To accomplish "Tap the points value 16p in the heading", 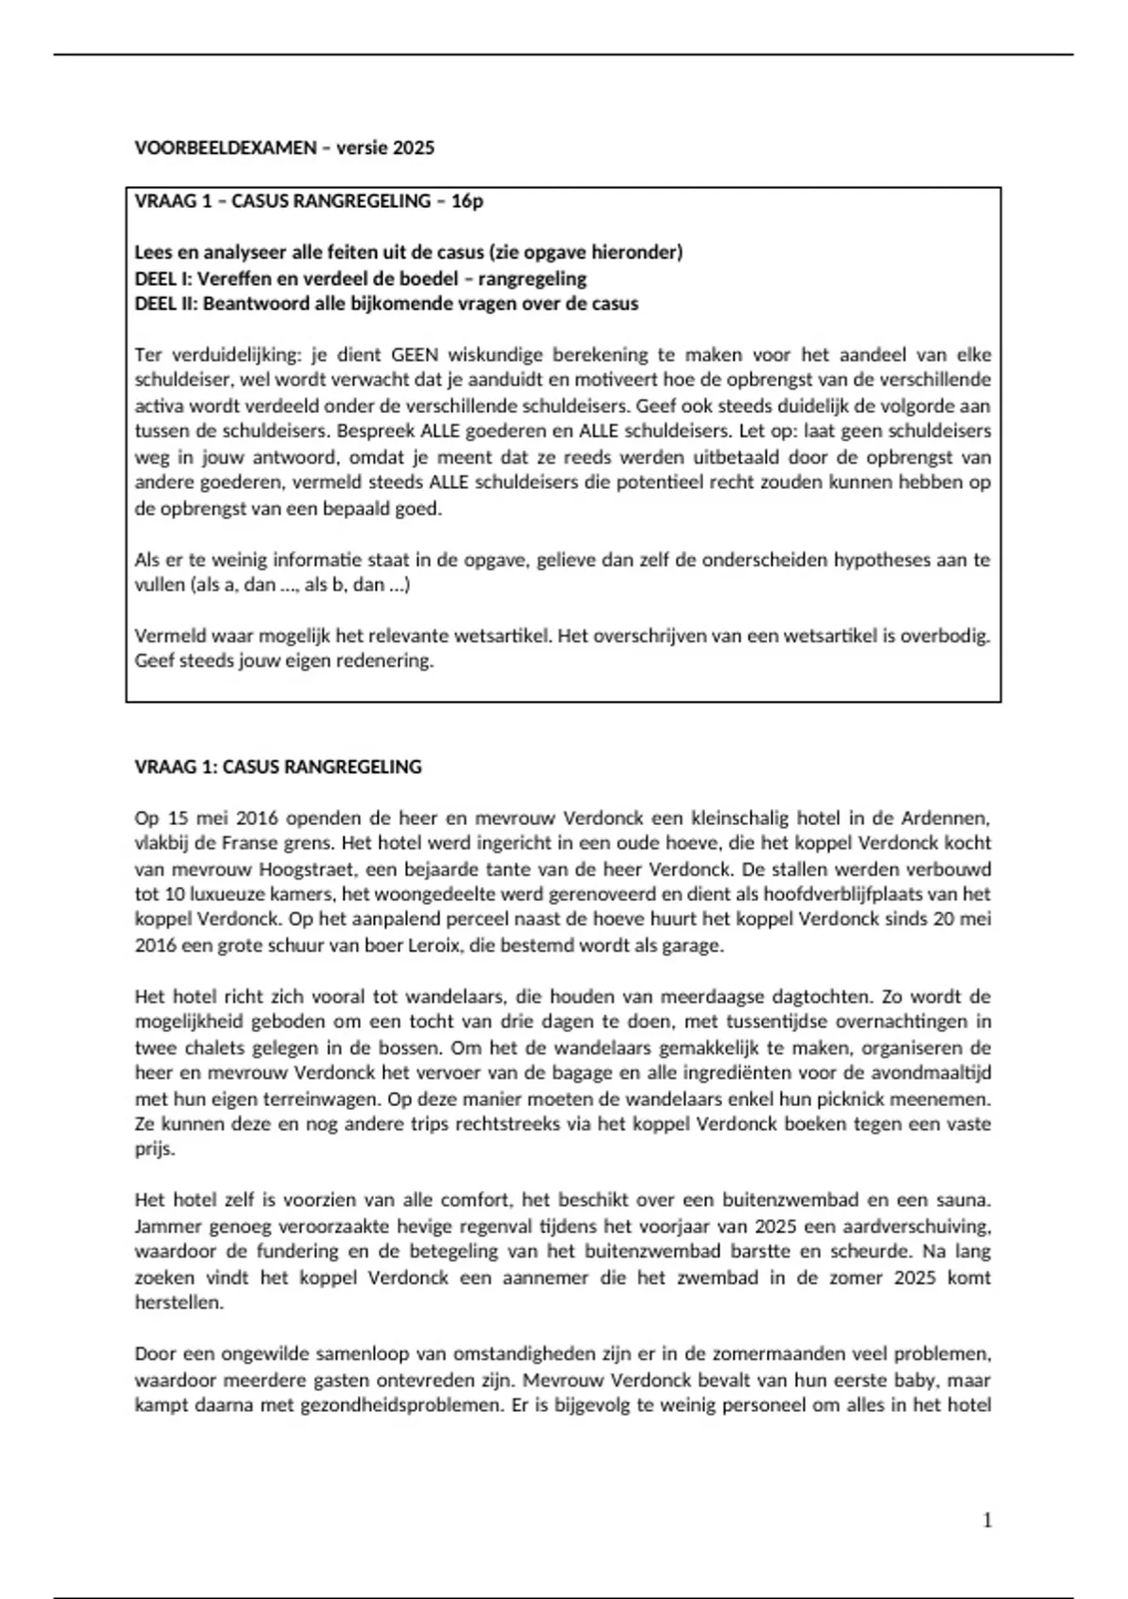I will click(467, 200).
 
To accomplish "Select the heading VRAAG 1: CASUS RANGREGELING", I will click(278, 767).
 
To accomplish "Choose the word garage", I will click(696, 945).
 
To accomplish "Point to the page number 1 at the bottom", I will click(987, 1520).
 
